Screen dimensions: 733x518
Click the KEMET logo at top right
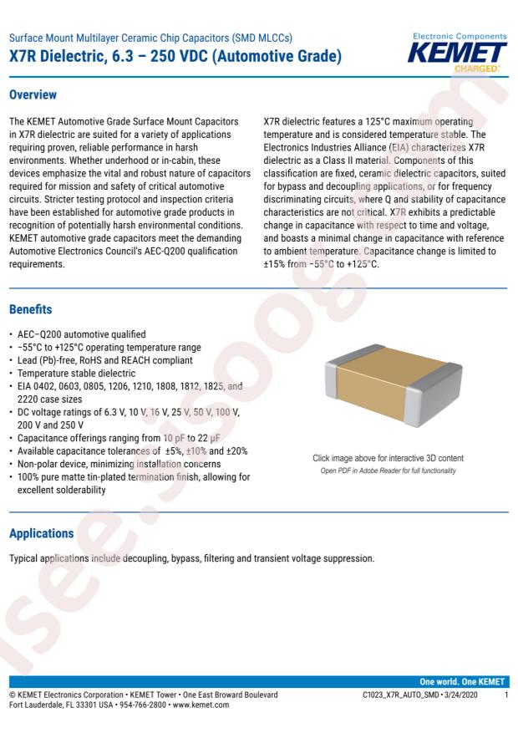click(x=460, y=53)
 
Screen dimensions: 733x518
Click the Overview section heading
click(x=33, y=94)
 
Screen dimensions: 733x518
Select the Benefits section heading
click(x=30, y=309)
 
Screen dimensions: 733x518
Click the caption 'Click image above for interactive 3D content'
click(x=388, y=458)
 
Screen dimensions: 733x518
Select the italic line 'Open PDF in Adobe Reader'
click(x=388, y=471)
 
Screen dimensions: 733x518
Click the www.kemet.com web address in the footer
click(x=203, y=706)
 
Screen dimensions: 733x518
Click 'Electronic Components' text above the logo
click(x=460, y=37)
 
